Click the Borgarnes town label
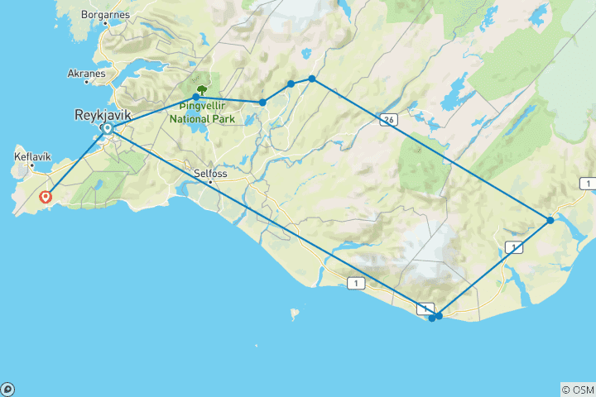pyautogui.click(x=104, y=15)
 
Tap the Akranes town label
pyautogui.click(x=87, y=73)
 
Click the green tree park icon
pyautogui.click(x=201, y=89)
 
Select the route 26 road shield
pyautogui.click(x=387, y=120)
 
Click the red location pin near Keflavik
pyautogui.click(x=46, y=197)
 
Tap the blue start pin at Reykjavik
pyautogui.click(x=107, y=129)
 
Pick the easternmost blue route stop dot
pyautogui.click(x=550, y=220)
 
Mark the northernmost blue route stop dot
pyautogui.click(x=312, y=79)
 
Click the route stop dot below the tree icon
pyautogui.click(x=195, y=98)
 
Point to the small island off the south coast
pyautogui.click(x=292, y=313)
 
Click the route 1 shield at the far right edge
pyautogui.click(x=587, y=183)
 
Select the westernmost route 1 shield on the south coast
pyautogui.click(x=356, y=284)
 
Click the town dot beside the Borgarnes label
pyautogui.click(x=104, y=25)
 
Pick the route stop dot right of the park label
pyautogui.click(x=262, y=103)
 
